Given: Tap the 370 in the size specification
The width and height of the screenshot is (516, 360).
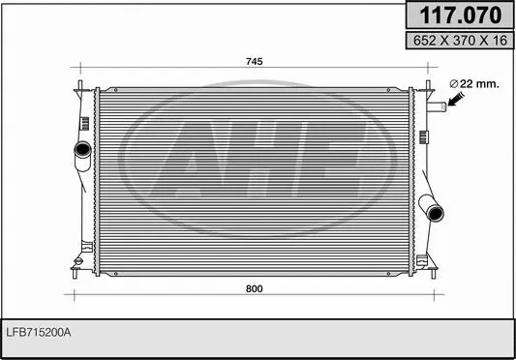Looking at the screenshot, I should coord(460,42).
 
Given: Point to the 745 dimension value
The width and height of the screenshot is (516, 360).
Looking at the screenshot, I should coord(254,61).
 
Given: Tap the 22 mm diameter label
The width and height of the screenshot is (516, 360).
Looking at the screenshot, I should coord(478,83).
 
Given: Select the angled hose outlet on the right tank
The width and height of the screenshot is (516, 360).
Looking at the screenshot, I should coord(431,208).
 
